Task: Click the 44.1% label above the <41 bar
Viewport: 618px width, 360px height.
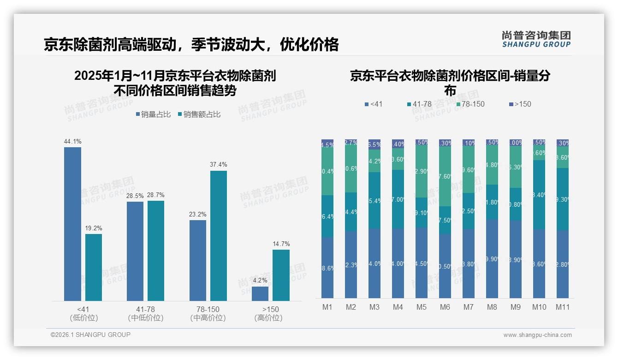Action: pyautogui.click(x=72, y=141)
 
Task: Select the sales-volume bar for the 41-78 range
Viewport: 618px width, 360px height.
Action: pyautogui.click(x=135, y=251)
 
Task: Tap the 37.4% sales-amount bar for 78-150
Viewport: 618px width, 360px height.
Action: pyautogui.click(x=219, y=236)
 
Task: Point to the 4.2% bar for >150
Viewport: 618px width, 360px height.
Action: pyautogui.click(x=260, y=294)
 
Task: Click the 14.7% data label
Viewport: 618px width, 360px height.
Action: pyautogui.click(x=281, y=244)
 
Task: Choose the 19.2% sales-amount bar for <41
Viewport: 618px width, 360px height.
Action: pyautogui.click(x=94, y=267)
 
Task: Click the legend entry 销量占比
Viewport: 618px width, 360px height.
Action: pyautogui.click(x=154, y=114)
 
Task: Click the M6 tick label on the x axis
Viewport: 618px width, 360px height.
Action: pyautogui.click(x=445, y=307)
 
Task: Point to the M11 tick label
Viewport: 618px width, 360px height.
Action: pyautogui.click(x=562, y=307)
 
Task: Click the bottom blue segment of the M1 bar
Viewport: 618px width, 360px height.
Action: pyautogui.click(x=327, y=268)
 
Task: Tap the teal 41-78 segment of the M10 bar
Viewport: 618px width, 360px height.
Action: pyautogui.click(x=539, y=195)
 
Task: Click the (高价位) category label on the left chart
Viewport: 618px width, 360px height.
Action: pyautogui.click(x=268, y=318)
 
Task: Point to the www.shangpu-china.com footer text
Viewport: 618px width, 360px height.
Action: pyautogui.click(x=537, y=335)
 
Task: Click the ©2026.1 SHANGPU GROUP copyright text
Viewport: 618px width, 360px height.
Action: pyautogui.click(x=90, y=335)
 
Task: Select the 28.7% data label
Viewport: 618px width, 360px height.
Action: pyautogui.click(x=156, y=195)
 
